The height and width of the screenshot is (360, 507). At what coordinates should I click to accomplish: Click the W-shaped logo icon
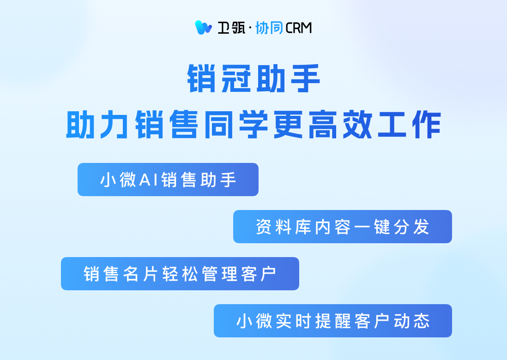click(x=203, y=28)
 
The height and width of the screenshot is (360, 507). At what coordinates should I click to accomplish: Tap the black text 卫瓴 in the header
click(x=231, y=28)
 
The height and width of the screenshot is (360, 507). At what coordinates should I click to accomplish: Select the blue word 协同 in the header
click(x=269, y=28)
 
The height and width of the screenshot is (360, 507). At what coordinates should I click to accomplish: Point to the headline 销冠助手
click(x=254, y=78)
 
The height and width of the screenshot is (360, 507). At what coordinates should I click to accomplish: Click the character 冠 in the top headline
click(x=236, y=78)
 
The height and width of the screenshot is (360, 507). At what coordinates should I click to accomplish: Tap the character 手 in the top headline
click(x=305, y=78)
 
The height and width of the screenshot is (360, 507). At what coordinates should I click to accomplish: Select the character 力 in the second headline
click(x=115, y=125)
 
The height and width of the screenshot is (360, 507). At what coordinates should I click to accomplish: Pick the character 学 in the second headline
click(x=254, y=125)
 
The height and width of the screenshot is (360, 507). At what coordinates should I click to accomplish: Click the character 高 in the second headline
click(x=323, y=125)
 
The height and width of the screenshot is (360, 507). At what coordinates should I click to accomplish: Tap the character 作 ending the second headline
click(x=427, y=125)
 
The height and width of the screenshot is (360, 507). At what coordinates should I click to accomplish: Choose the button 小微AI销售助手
click(x=168, y=180)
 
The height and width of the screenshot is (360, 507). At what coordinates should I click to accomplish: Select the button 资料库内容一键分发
click(x=343, y=227)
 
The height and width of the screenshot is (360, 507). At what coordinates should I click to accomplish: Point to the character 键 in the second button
click(x=382, y=227)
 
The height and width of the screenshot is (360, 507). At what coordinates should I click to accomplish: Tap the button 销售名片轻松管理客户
click(x=180, y=274)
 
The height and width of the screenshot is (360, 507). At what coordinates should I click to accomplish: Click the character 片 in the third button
click(x=151, y=274)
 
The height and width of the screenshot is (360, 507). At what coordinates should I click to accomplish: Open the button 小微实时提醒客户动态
click(x=333, y=321)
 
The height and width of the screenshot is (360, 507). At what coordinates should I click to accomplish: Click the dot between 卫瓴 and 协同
click(x=250, y=28)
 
